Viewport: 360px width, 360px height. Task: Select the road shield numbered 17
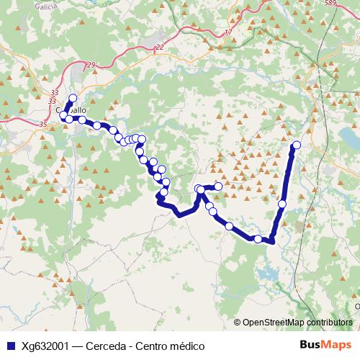coord(229,32)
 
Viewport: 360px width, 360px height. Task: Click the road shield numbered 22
coord(159,48)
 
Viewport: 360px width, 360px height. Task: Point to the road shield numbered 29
coord(91,66)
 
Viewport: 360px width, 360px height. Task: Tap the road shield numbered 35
coord(43,125)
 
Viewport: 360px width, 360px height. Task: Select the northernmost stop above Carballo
coord(73,99)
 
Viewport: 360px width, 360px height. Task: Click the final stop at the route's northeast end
coord(296,145)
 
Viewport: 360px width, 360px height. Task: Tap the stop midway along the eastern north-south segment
coord(282,204)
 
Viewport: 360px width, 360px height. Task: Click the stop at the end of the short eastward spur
coord(218,186)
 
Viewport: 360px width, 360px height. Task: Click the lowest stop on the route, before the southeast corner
coord(258,238)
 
